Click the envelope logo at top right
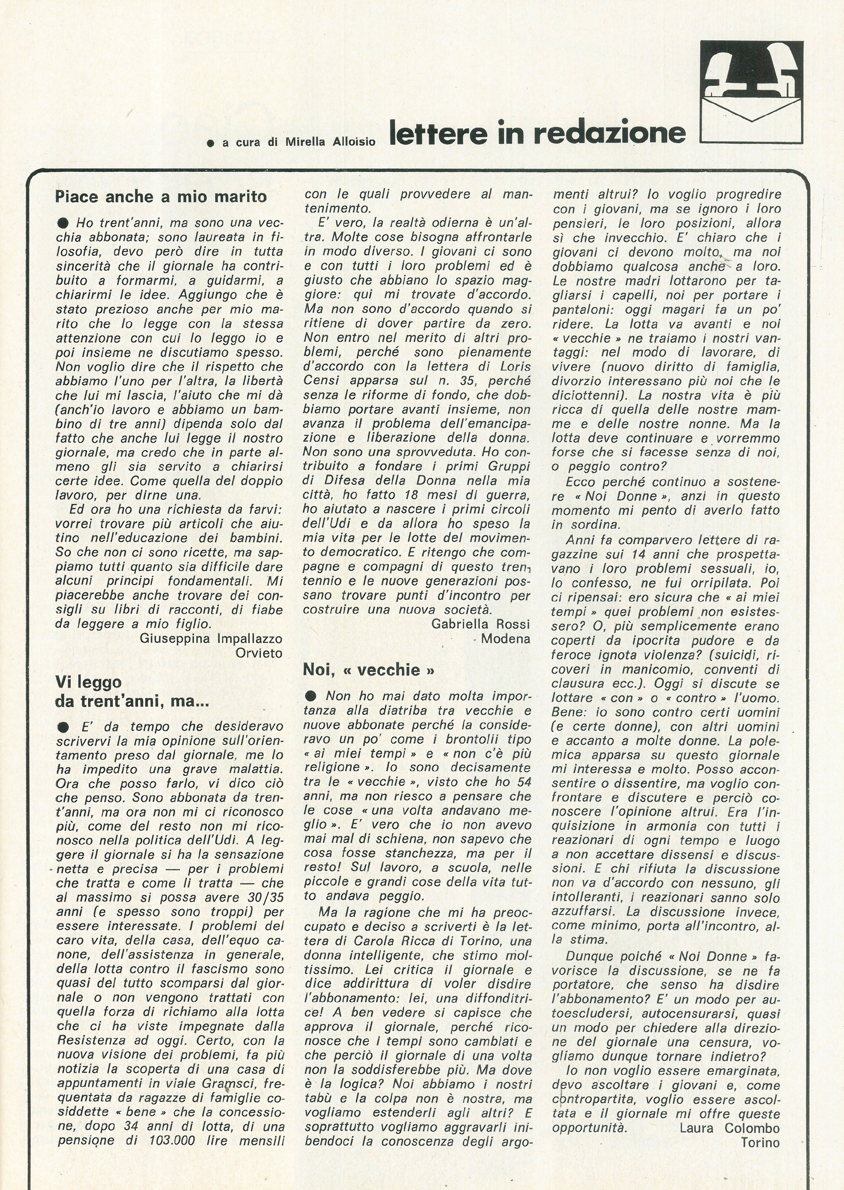point(751,92)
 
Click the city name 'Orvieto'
point(259,653)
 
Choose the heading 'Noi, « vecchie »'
point(369,669)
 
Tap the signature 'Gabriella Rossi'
point(481,624)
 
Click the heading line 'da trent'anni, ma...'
point(132,701)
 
